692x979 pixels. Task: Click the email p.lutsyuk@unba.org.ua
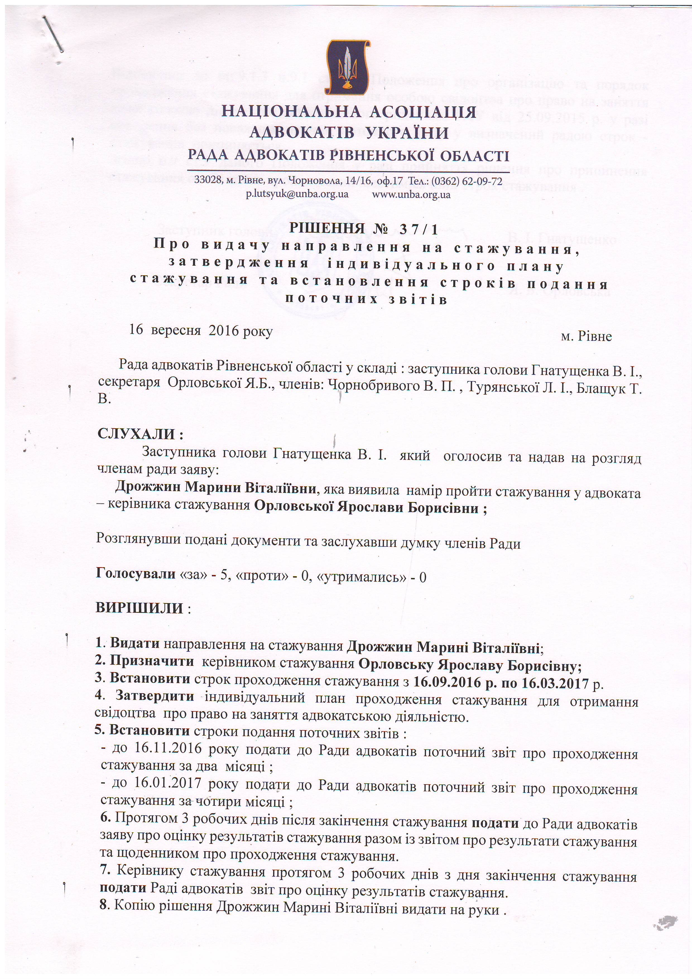(x=297, y=194)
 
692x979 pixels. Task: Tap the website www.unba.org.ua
(x=412, y=195)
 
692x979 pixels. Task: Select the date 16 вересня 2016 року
(x=201, y=331)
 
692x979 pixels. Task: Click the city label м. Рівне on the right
(x=586, y=336)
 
